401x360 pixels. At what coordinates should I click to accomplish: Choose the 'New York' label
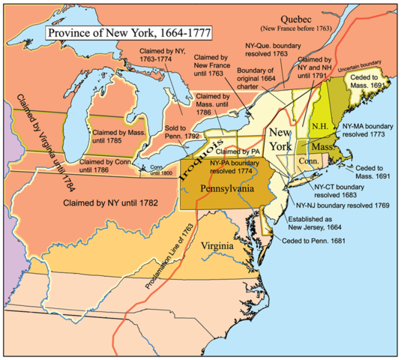(284, 139)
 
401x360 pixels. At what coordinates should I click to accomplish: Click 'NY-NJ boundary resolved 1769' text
(343, 205)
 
